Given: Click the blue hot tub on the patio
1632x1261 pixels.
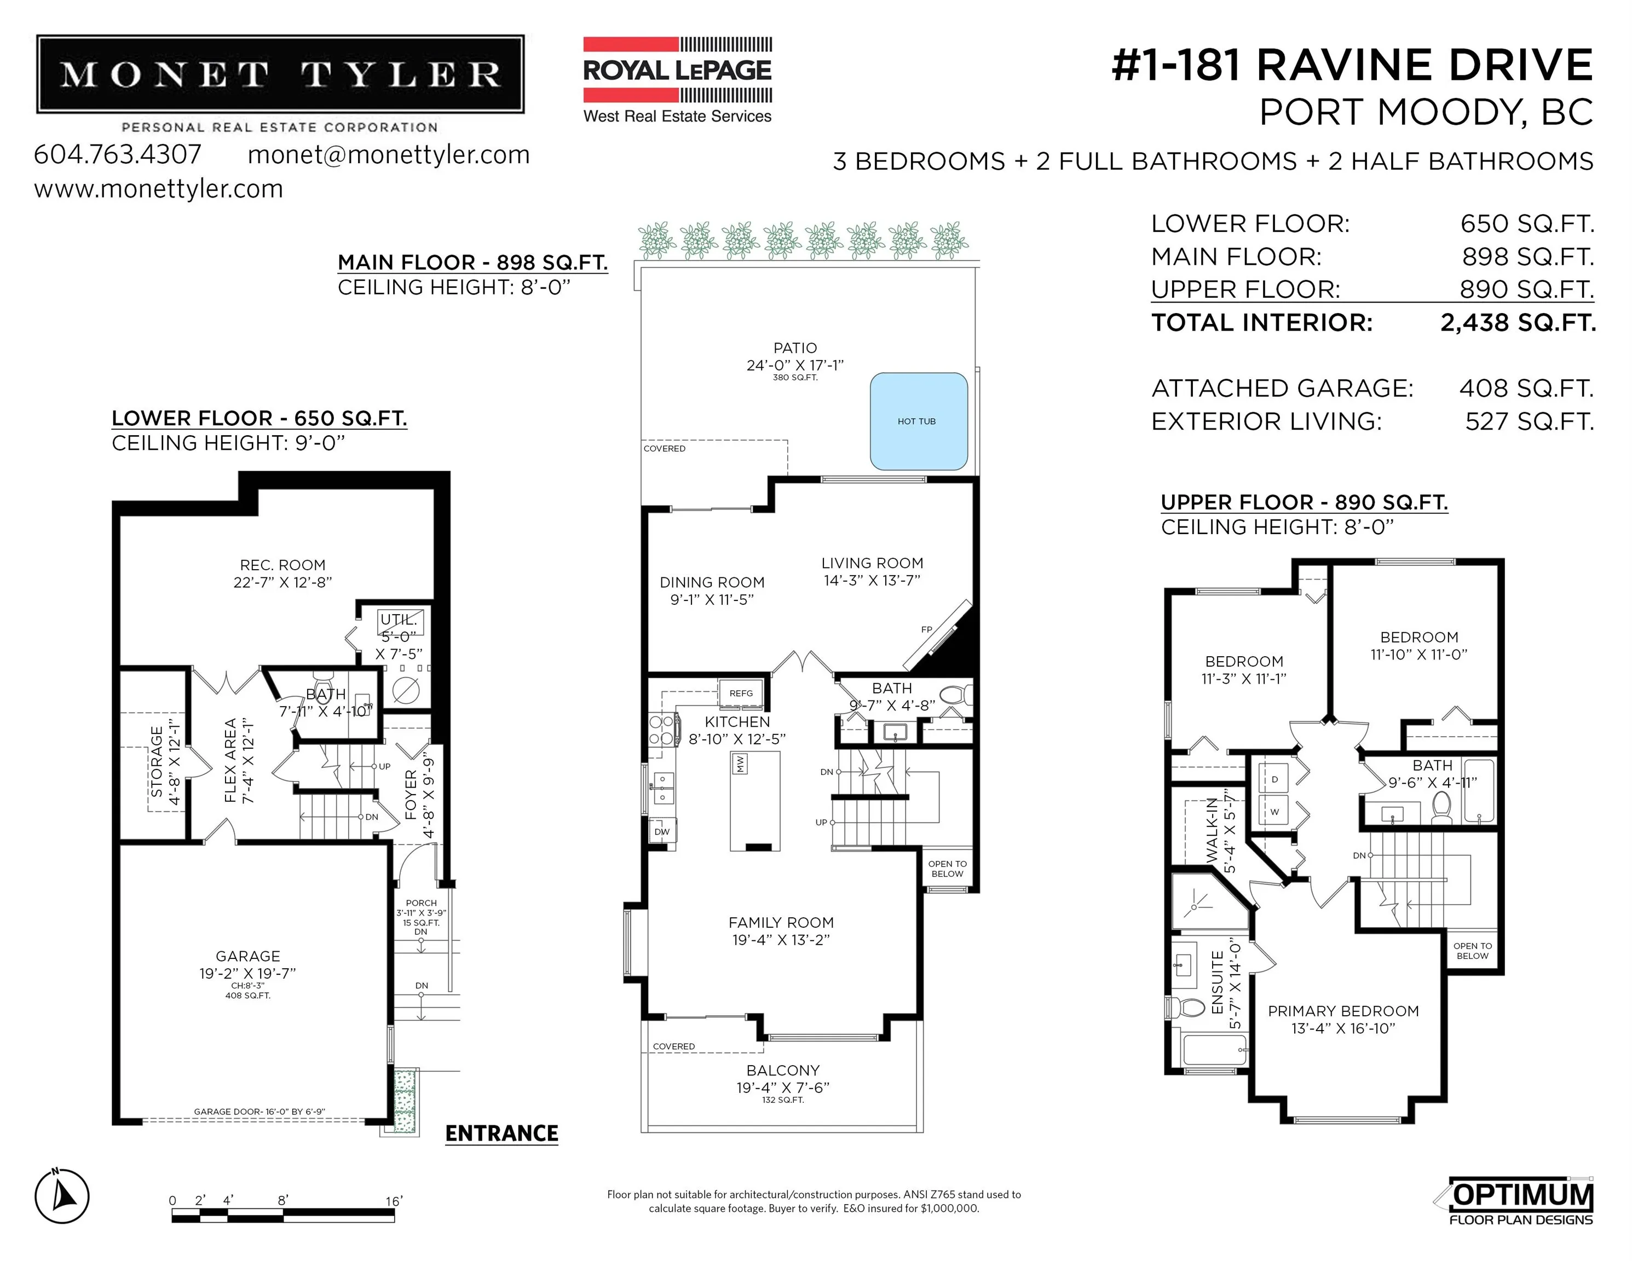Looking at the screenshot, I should point(918,421).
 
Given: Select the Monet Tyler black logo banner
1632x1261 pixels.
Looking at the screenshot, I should point(280,74).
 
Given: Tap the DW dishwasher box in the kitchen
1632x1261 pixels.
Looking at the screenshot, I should point(662,831).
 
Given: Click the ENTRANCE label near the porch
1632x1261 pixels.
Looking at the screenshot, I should point(501,1133).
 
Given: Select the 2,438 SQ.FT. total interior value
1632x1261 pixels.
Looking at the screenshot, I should point(1518,323).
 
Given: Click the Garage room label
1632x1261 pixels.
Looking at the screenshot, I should point(248,956).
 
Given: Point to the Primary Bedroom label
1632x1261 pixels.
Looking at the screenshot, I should point(1343,1011).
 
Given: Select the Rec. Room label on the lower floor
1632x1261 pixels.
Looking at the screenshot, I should point(282,565).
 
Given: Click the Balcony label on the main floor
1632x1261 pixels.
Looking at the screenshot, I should point(782,1071).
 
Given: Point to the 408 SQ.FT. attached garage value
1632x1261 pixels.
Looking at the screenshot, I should point(1526,389).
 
